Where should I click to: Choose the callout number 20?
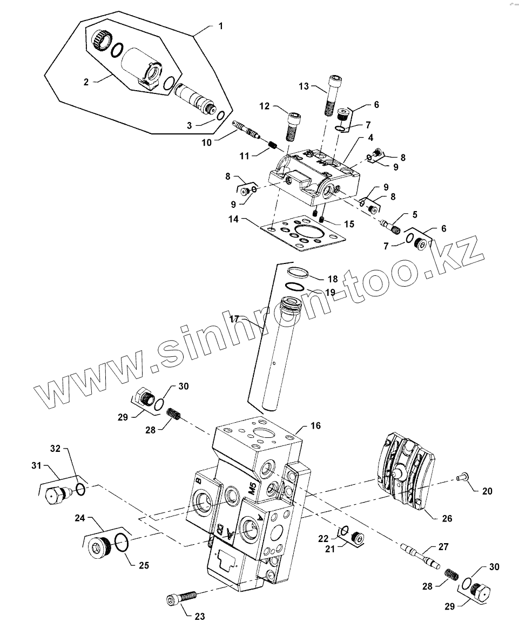click(x=487, y=491)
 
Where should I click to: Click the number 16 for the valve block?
click(x=315, y=425)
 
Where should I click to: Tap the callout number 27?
click(x=443, y=547)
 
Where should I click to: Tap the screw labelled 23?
click(x=181, y=598)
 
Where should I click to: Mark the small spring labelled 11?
click(x=273, y=145)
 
